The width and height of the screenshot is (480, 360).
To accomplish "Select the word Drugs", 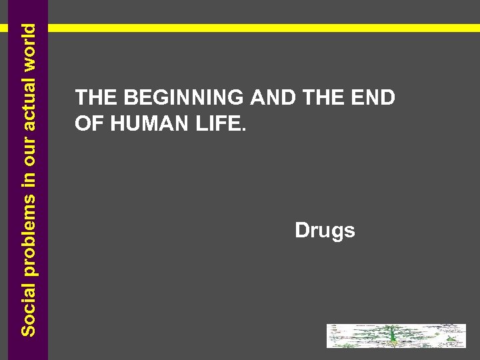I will pyautogui.click(x=325, y=231).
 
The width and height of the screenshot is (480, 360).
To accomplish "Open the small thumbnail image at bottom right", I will pyautogui.click(x=396, y=336).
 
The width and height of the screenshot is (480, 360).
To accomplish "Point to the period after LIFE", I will pyautogui.click(x=243, y=128).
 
